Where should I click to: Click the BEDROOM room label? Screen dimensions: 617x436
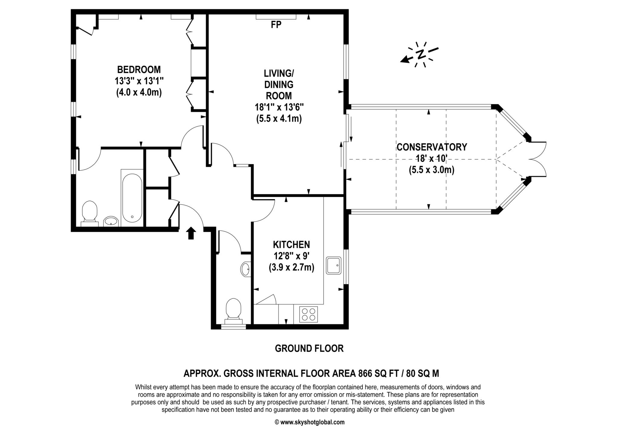click(139, 70)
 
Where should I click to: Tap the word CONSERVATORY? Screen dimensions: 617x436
click(432, 147)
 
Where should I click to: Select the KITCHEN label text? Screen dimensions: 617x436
click(291, 244)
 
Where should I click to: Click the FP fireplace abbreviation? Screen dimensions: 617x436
click(276, 25)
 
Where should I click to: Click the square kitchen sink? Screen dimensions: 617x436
click(334, 265)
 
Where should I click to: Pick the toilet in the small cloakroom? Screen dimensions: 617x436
click(233, 311)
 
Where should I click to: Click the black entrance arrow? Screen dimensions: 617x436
click(191, 233)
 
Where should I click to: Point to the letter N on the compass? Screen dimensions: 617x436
click(421, 54)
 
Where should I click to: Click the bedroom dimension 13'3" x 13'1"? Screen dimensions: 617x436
click(139, 81)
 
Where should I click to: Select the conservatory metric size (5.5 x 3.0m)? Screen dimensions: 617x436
click(431, 170)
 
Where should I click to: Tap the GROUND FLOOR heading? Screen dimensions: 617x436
click(309, 348)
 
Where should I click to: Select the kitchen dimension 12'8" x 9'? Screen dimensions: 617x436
click(291, 256)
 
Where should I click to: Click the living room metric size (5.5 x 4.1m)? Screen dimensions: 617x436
click(279, 119)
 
